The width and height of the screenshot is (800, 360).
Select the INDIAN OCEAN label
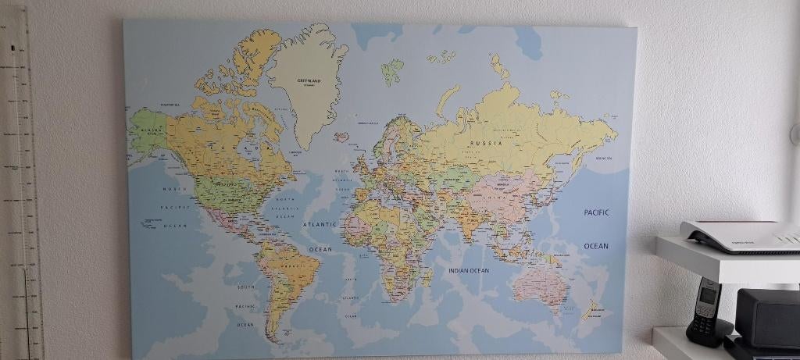click(x=469, y=270)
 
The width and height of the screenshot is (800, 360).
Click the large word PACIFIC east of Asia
click(x=596, y=212)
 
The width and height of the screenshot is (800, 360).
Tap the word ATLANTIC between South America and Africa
click(x=320, y=225)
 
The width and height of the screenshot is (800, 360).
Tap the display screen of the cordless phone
click(x=708, y=295)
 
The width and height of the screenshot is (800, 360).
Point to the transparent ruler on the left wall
click(x=22, y=180)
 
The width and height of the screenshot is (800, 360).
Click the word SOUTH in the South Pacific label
click(x=246, y=287)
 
